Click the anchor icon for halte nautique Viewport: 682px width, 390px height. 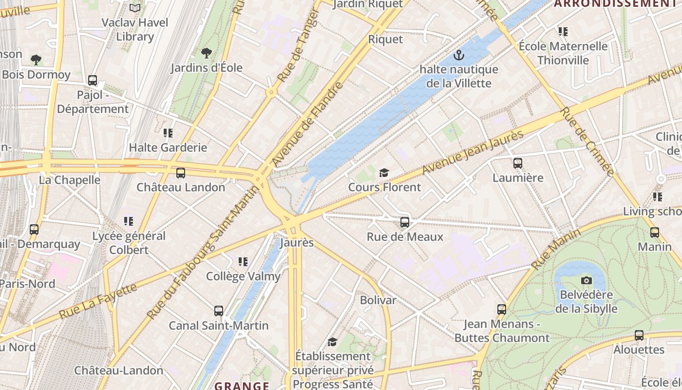(x=459, y=55)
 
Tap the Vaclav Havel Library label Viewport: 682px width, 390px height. (x=135, y=29)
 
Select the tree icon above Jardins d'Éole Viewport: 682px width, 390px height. (x=207, y=53)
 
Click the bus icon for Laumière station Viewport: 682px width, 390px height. (x=518, y=163)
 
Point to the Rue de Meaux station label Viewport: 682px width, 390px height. (x=405, y=237)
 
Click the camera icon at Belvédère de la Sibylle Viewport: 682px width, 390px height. (x=587, y=280)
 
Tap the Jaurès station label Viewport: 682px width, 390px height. (x=297, y=242)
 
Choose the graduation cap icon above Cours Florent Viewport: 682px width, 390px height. (x=384, y=173)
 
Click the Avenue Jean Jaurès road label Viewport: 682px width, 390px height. (x=473, y=153)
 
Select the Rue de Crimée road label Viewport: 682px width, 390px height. (x=587, y=141)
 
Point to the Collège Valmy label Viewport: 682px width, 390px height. (x=243, y=276)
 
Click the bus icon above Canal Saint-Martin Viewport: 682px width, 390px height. (x=219, y=311)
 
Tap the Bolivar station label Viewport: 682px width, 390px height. (x=378, y=300)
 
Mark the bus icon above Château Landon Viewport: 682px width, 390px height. (x=181, y=173)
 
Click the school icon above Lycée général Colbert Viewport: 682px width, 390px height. (x=129, y=221)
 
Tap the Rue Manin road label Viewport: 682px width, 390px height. (x=556, y=249)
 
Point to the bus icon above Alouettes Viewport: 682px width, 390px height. (x=639, y=335)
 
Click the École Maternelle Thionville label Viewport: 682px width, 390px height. (x=563, y=53)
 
